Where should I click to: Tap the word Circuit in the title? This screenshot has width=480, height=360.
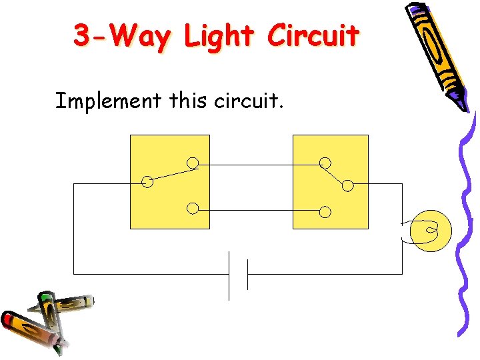point(313,36)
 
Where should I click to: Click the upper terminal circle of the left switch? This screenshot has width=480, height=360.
point(192,163)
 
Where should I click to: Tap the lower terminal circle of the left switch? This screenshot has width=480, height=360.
point(192,209)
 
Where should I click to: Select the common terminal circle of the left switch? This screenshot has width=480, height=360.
point(147,182)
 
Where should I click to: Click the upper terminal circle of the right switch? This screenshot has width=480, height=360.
point(325,163)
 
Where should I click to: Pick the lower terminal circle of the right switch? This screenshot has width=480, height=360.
point(325,212)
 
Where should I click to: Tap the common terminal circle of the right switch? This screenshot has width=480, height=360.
point(347,185)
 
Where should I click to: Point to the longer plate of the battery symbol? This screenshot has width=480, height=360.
point(229,275)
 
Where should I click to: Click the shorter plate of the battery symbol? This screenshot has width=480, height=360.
point(247,274)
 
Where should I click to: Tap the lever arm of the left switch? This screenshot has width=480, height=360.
point(170,175)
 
